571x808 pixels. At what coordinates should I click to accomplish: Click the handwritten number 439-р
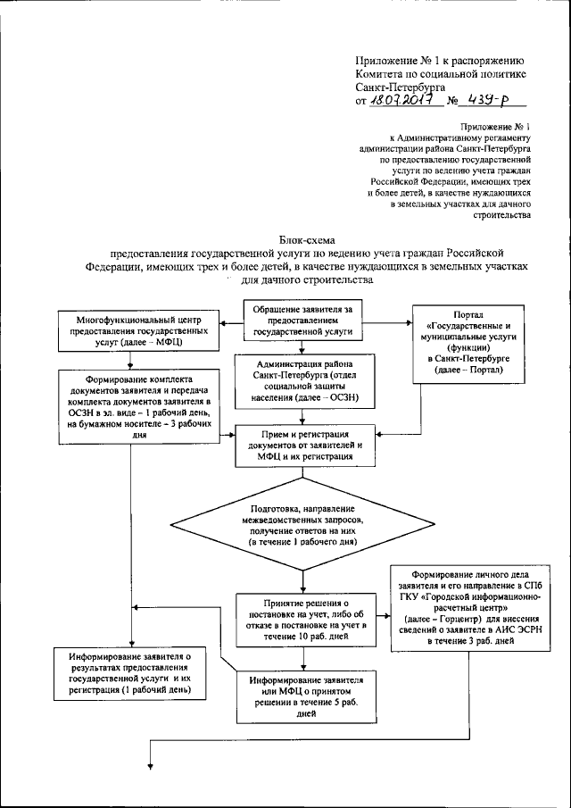[487, 103]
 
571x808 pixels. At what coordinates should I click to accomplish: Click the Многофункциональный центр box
[134, 329]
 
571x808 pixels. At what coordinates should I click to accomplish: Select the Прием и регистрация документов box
[302, 443]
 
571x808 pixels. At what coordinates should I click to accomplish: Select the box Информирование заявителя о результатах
[132, 673]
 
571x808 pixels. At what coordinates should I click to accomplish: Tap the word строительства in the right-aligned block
[505, 214]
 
